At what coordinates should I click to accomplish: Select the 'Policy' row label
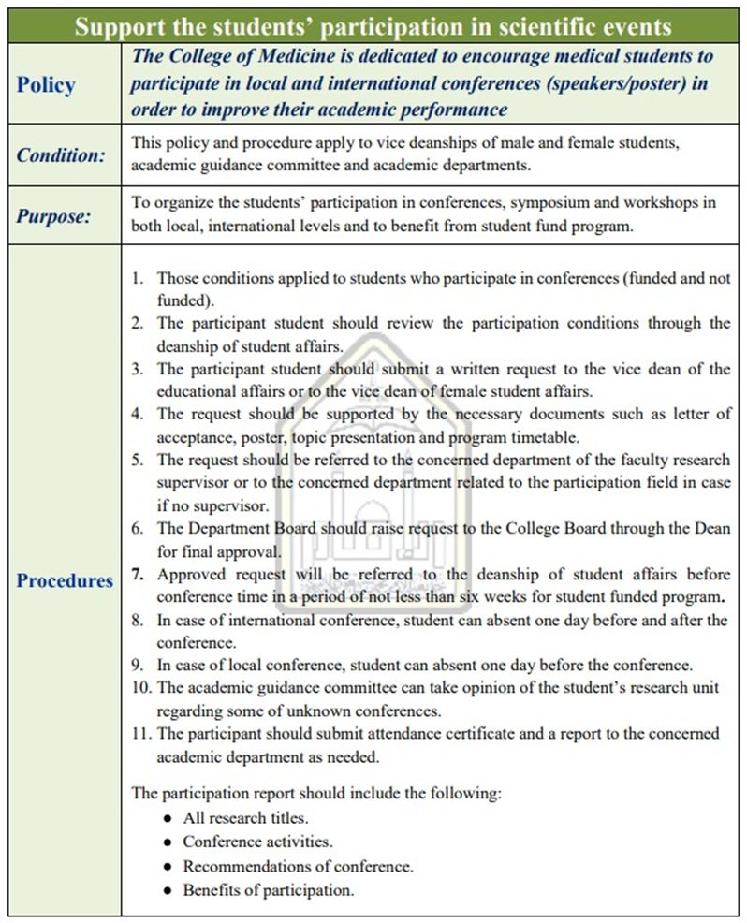(x=46, y=84)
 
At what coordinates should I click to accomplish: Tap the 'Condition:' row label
(x=61, y=155)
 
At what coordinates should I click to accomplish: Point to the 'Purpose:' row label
(x=53, y=216)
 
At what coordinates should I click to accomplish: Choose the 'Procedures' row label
(x=65, y=580)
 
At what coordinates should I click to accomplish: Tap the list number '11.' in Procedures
(x=141, y=734)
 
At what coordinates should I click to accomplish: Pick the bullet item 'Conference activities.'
(x=257, y=842)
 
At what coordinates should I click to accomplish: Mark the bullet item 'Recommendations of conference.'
(x=298, y=866)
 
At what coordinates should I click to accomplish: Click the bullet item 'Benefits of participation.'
(x=269, y=890)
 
